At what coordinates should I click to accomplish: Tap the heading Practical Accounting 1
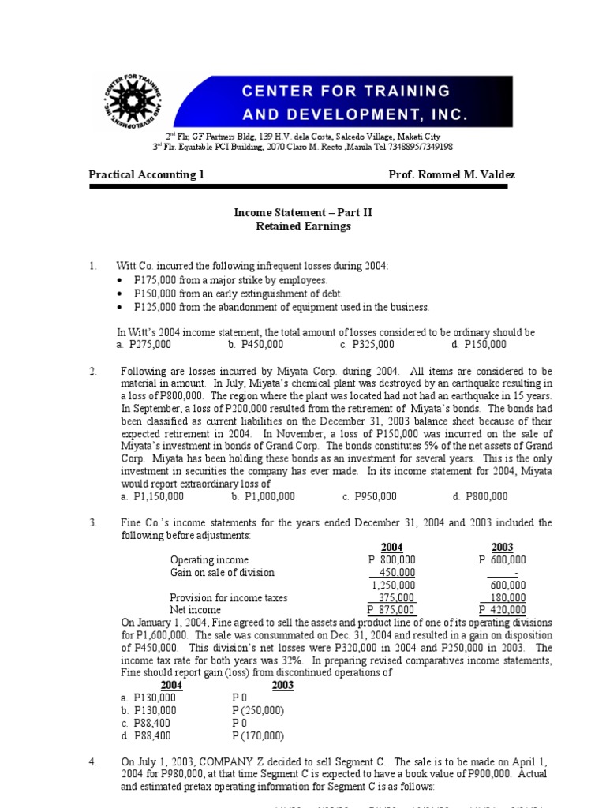(x=146, y=175)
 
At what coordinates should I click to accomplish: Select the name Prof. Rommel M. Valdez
(x=452, y=175)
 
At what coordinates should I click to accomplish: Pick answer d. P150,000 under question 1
(x=479, y=345)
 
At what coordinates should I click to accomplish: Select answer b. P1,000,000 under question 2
(x=264, y=496)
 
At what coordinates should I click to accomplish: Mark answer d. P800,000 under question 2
(x=480, y=496)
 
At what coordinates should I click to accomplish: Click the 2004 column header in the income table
(x=392, y=548)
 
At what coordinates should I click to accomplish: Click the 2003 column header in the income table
(x=503, y=548)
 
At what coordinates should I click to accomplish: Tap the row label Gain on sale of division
(x=223, y=573)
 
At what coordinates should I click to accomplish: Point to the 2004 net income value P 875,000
(x=391, y=610)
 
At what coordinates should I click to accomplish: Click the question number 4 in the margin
(x=93, y=762)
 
